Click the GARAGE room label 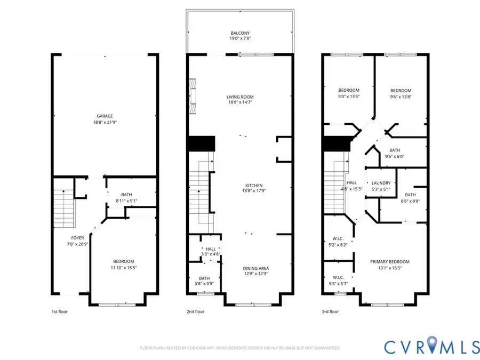tap(105, 116)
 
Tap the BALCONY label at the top tap(239, 33)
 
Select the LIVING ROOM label tap(239, 97)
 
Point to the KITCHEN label tap(239, 185)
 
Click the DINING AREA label tap(239, 268)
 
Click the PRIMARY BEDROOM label tap(390, 262)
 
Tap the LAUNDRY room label tap(381, 182)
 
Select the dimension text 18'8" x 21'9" tap(105, 122)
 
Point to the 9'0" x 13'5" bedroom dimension tap(349, 97)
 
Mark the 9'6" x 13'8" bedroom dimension tap(401, 97)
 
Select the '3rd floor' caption tap(331, 312)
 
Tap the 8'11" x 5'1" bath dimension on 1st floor tap(127, 201)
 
